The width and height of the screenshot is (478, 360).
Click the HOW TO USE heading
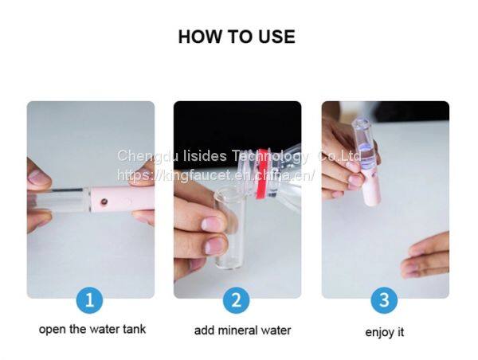click(x=237, y=37)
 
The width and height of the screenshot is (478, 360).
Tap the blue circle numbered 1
click(x=89, y=300)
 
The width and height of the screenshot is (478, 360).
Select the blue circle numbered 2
click(x=237, y=300)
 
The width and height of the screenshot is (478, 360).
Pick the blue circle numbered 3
click(x=384, y=300)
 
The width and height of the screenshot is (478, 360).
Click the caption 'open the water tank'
click(x=92, y=329)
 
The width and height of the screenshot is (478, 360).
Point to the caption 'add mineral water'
click(x=243, y=331)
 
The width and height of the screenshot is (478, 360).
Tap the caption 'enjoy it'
click(x=385, y=332)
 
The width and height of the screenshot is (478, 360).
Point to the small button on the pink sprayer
click(x=104, y=202)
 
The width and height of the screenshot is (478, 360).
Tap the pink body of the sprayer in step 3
click(x=371, y=190)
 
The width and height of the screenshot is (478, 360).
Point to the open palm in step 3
click(x=426, y=256)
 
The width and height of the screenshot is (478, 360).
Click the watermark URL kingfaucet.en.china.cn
click(x=215, y=175)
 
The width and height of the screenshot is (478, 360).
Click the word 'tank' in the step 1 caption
click(x=135, y=329)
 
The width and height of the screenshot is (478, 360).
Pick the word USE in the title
click(x=276, y=37)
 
